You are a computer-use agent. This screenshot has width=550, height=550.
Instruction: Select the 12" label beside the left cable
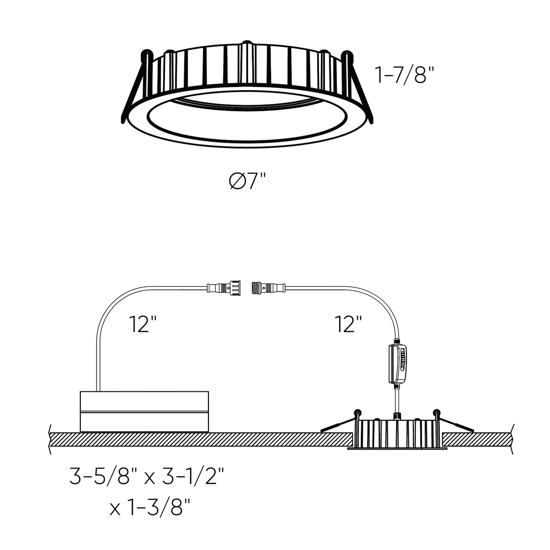[x=143, y=324]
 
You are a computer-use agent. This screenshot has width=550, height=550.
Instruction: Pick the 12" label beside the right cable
[x=348, y=324]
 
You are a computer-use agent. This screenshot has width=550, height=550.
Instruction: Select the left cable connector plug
[x=224, y=288]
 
